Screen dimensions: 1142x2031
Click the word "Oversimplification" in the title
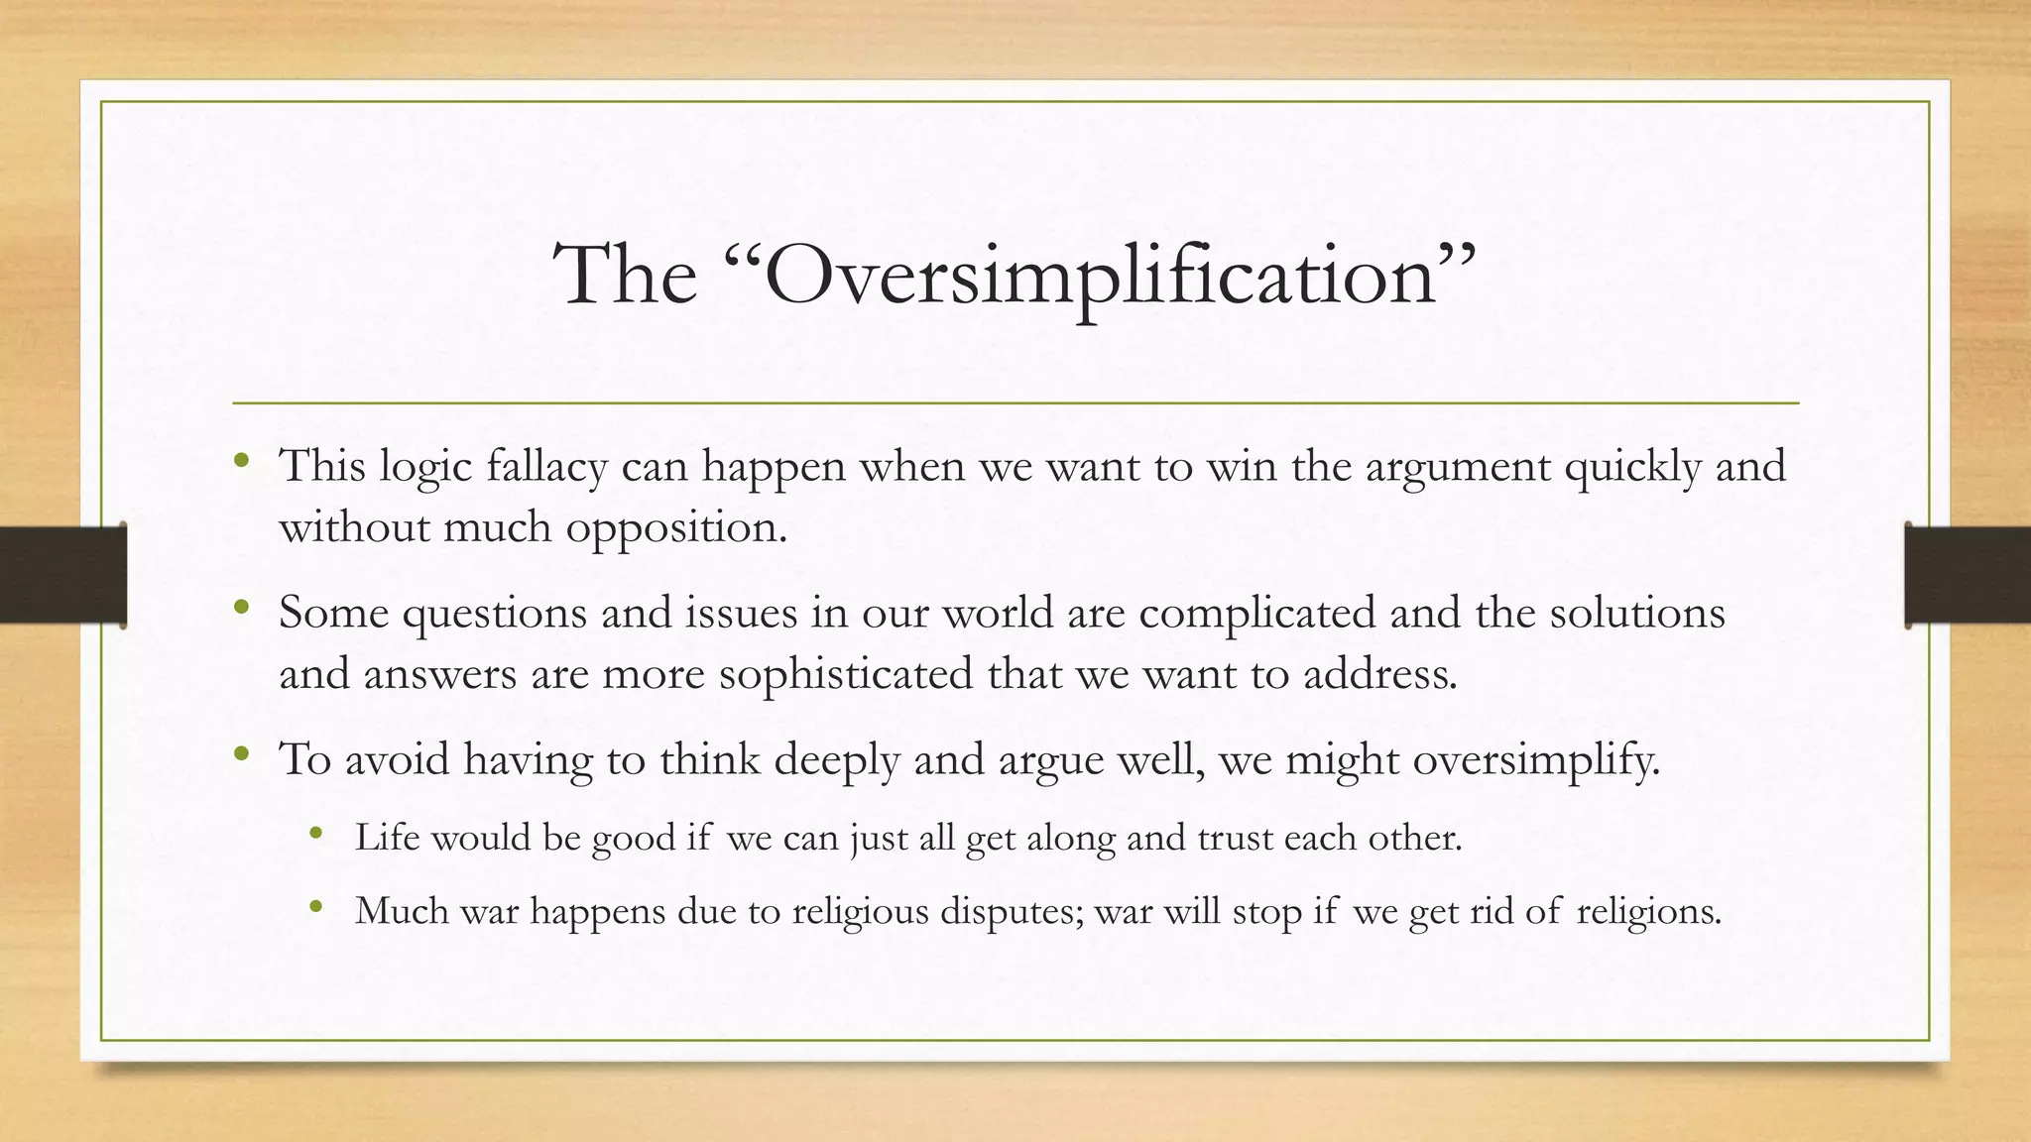(1101, 276)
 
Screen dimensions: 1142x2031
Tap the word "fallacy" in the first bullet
(546, 466)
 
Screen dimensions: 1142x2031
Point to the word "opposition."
(676, 528)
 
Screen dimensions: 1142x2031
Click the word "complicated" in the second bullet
(1256, 613)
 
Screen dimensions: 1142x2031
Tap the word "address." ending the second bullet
(1379, 674)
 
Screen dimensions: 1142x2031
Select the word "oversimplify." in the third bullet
(1536, 760)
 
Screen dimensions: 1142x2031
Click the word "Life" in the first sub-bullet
(387, 838)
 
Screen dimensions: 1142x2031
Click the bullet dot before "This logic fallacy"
(241, 461)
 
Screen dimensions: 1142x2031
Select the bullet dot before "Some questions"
(241, 607)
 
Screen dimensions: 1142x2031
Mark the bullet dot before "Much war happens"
(316, 906)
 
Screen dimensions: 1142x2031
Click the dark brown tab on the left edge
(62, 575)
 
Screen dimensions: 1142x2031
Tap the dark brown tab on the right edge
(1968, 575)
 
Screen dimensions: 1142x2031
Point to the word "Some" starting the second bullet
(333, 613)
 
